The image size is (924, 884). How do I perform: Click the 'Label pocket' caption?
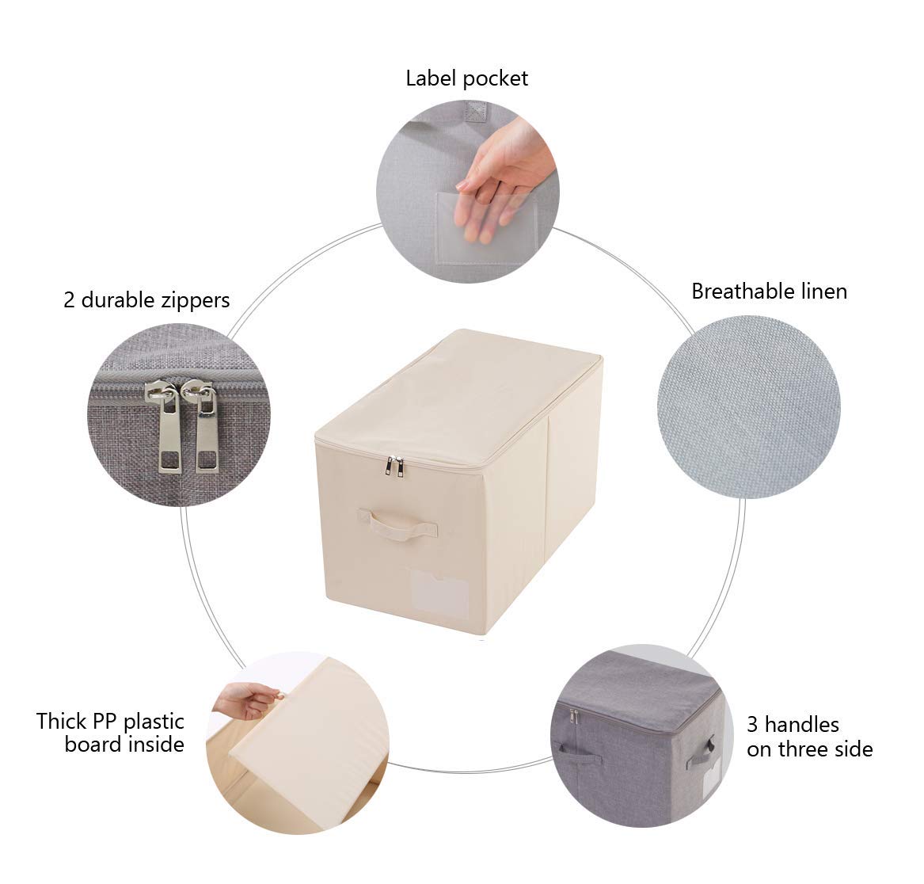coord(466,78)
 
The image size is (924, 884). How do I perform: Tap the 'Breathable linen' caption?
coord(769,291)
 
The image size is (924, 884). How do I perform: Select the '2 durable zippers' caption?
coord(146,300)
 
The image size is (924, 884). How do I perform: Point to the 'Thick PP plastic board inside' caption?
coord(110,733)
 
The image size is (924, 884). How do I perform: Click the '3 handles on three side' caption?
coord(808,737)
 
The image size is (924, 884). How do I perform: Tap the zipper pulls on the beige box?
coord(394,467)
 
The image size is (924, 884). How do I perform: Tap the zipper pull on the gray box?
coord(573,718)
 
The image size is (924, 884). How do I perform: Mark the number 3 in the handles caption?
coord(752,725)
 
